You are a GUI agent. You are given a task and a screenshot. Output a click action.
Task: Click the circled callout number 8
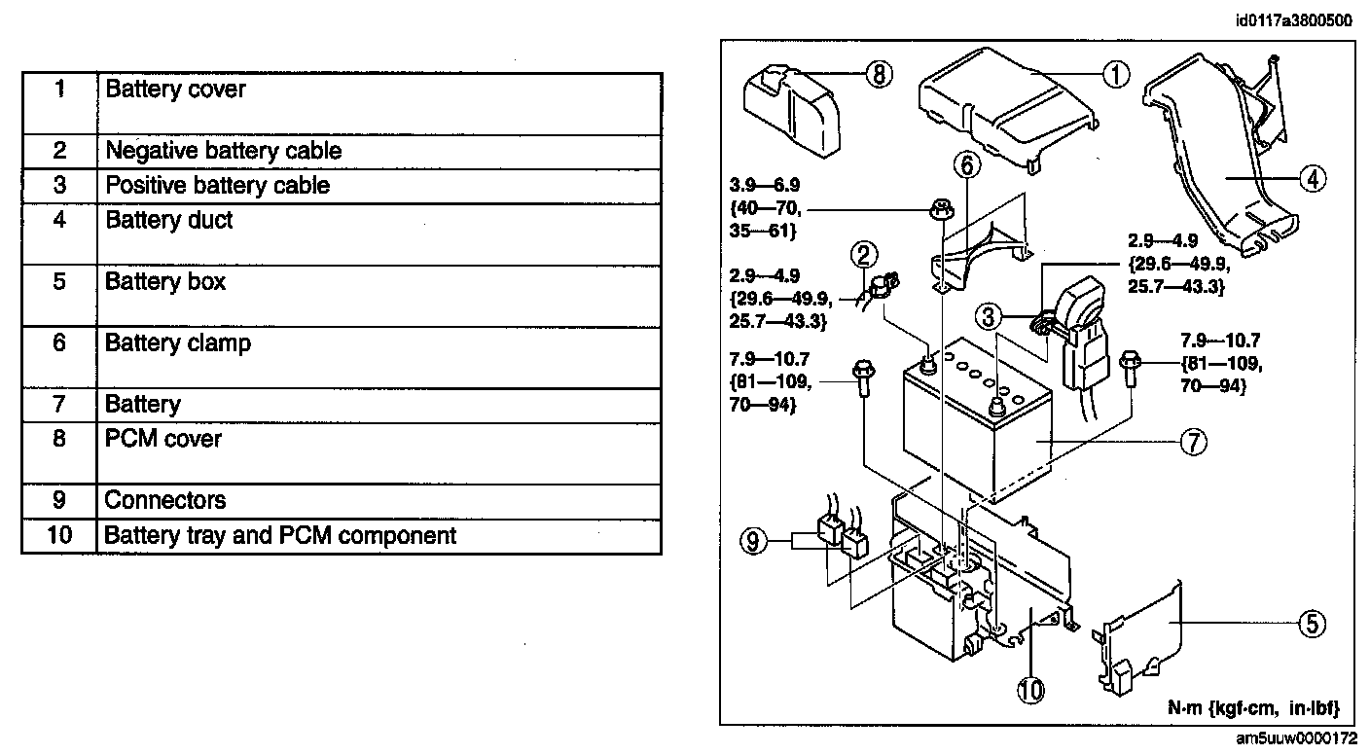[x=879, y=74]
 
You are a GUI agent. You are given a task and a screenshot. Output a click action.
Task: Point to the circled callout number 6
[x=966, y=165]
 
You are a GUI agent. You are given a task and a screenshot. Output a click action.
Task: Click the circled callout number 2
[x=863, y=255]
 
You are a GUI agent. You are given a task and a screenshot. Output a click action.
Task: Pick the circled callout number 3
[x=989, y=316]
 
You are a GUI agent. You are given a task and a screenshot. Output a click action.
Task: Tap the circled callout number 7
[x=1194, y=442]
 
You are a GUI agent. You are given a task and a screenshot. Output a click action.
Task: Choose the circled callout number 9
[x=753, y=541]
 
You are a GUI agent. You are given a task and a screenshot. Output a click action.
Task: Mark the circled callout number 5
[x=1313, y=623]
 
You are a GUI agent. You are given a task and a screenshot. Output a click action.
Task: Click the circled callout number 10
[x=1030, y=690]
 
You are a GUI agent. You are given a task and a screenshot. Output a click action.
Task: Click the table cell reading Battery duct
[x=169, y=221]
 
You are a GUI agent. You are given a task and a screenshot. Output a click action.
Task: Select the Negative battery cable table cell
[x=224, y=152]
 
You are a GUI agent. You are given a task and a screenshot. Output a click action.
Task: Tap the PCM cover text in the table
[x=163, y=439]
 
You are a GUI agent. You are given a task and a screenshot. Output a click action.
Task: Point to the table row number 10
[x=59, y=535]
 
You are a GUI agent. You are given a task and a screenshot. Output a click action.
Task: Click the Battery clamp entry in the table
[x=178, y=343]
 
